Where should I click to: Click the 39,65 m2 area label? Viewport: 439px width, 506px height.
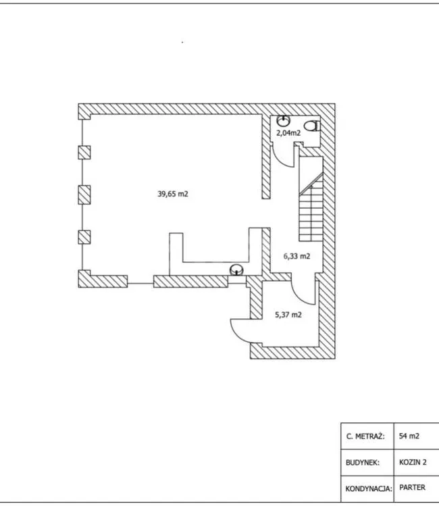click(173, 194)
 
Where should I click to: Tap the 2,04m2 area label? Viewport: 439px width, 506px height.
click(288, 132)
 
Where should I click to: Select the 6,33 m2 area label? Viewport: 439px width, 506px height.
click(296, 256)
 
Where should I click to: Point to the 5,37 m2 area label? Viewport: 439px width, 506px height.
click(288, 315)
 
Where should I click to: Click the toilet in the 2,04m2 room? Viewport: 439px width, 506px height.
click(312, 126)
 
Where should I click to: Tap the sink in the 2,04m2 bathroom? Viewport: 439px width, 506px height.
click(283, 121)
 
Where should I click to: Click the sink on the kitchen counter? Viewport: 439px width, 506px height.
click(236, 270)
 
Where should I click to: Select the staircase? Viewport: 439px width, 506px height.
click(311, 199)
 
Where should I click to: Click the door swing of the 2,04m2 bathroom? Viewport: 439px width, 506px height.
click(284, 156)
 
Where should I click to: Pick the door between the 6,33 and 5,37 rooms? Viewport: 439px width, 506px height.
click(303, 292)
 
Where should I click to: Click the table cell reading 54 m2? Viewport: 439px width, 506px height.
click(409, 436)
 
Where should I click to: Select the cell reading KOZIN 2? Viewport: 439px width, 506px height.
click(413, 462)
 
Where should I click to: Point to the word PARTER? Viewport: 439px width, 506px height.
click(412, 487)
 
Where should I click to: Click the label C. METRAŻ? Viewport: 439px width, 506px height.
click(366, 436)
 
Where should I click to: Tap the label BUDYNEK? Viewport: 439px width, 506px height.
click(363, 463)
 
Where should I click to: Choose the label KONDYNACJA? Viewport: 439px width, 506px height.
click(369, 489)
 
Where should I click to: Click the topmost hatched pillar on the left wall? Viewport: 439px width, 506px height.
click(84, 153)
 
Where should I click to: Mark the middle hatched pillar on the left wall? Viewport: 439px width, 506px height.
click(84, 195)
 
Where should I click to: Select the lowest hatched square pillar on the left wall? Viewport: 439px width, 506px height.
click(84, 237)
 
